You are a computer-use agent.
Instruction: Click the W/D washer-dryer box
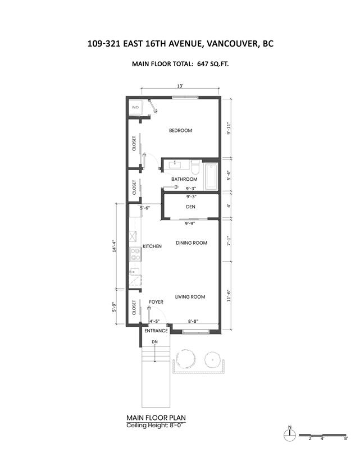pyautogui.click(x=135, y=107)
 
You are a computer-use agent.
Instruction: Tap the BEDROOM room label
pyautogui.click(x=180, y=130)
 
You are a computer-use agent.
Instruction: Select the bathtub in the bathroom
pyautogui.click(x=211, y=176)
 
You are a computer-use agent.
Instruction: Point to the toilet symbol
pyautogui.click(x=195, y=167)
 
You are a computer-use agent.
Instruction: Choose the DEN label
pyautogui.click(x=190, y=207)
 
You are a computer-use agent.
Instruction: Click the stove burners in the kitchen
pyautogui.click(x=135, y=254)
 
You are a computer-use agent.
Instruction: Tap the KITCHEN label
pyautogui.click(x=152, y=246)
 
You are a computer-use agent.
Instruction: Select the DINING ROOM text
pyautogui.click(x=192, y=243)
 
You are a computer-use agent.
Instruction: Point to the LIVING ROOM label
pyautogui.click(x=190, y=296)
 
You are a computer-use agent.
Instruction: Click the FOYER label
pyautogui.click(x=156, y=302)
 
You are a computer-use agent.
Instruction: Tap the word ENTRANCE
pyautogui.click(x=156, y=331)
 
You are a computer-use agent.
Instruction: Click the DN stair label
pyautogui.click(x=154, y=342)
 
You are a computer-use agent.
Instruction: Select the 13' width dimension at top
pyautogui.click(x=180, y=86)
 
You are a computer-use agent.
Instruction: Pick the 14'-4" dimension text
pyautogui.click(x=114, y=246)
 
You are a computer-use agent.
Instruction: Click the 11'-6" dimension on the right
pyautogui.click(x=229, y=296)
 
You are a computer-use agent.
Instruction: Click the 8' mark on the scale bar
pyautogui.click(x=346, y=438)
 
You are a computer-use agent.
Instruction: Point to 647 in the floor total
pyautogui.click(x=202, y=63)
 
